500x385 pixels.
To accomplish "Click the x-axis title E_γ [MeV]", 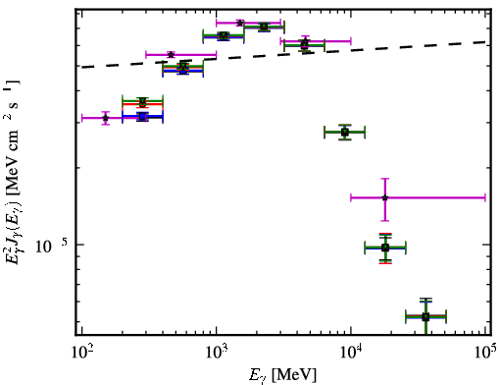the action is click(x=282, y=375).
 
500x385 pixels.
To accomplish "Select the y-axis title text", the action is click(x=13, y=172).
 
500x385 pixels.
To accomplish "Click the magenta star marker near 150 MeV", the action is click(x=105, y=118).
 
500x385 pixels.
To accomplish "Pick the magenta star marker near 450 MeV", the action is click(x=171, y=54).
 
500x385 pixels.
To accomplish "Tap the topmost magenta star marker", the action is click(x=240, y=23).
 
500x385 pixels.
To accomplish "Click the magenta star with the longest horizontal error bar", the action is click(x=385, y=197).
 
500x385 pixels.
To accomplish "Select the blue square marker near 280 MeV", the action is click(x=142, y=117).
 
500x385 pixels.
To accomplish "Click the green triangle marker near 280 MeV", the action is click(x=142, y=101).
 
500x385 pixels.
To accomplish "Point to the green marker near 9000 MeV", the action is click(x=345, y=132).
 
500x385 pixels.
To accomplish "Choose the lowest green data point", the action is click(x=425, y=317).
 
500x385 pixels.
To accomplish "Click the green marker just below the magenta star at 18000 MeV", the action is click(x=385, y=247).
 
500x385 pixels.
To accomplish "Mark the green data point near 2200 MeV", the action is click(x=264, y=27).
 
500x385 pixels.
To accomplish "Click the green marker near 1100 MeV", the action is click(x=224, y=35).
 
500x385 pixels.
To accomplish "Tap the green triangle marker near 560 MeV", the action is click(x=183, y=67).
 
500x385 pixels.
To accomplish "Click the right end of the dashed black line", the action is click(x=485, y=42).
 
